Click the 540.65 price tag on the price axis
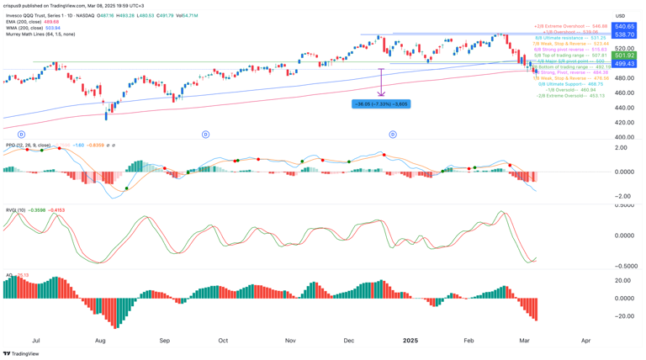(624, 27)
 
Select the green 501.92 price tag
(624, 56)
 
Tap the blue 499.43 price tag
(624, 64)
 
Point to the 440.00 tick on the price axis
(624, 108)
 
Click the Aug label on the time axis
(100, 341)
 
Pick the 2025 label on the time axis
(410, 341)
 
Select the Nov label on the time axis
(289, 341)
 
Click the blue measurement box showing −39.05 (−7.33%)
(381, 104)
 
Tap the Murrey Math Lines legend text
(40, 34)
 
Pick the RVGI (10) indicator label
(14, 210)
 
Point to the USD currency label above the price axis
(620, 16)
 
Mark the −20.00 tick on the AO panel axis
(624, 316)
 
